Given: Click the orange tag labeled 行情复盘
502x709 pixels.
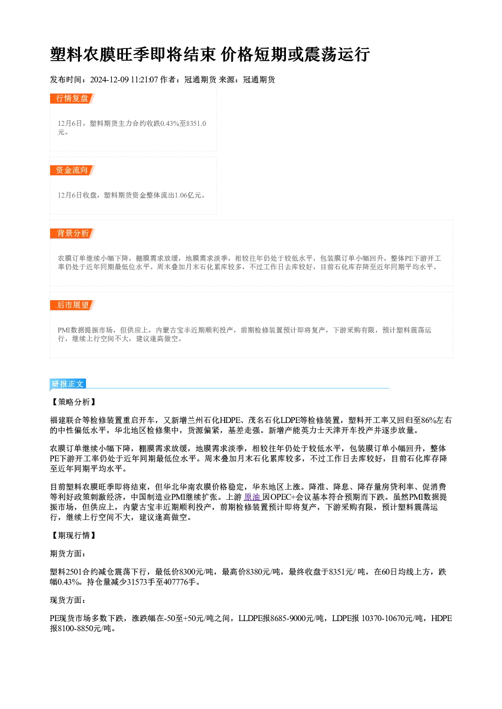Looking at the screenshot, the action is point(72,99).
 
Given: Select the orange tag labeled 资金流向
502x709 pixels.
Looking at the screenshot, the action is point(72,170).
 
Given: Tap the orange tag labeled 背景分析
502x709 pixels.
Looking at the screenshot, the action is point(72,233).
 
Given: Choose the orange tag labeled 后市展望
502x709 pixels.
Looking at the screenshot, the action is point(72,305).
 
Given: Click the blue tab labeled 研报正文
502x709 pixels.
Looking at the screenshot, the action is point(68,384).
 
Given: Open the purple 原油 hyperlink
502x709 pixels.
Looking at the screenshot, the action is point(253,497).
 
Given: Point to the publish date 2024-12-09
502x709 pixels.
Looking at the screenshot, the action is point(109,79).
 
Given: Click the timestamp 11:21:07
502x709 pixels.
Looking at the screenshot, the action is point(144,79).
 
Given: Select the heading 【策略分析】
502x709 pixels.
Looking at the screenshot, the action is point(73,402).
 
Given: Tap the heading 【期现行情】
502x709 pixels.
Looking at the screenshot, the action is point(73,535).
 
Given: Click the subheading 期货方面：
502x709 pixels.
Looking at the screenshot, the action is point(68,553).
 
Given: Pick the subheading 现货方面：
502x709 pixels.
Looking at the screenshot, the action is point(68,600).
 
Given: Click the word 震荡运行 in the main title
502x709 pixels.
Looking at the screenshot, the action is point(337,54).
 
